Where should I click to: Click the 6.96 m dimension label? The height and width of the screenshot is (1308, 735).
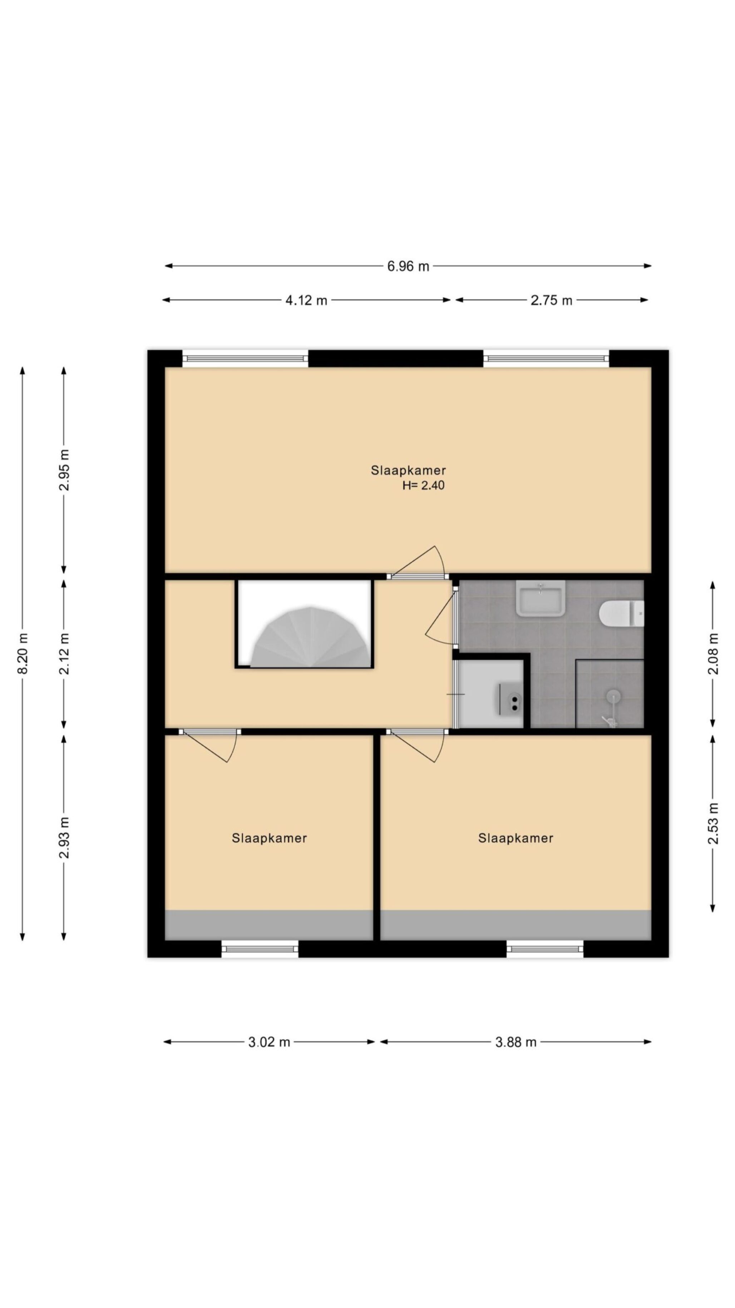(408, 266)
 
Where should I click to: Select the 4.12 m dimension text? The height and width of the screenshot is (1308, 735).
(306, 300)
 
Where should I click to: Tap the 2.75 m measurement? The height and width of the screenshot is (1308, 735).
(551, 300)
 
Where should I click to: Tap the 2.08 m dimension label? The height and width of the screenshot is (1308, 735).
(713, 654)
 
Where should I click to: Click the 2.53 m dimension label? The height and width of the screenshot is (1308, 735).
(713, 823)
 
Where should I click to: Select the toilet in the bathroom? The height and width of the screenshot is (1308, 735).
(621, 613)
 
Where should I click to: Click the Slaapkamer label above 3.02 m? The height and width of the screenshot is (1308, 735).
(269, 838)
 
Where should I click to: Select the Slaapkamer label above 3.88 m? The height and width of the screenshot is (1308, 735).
(516, 838)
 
